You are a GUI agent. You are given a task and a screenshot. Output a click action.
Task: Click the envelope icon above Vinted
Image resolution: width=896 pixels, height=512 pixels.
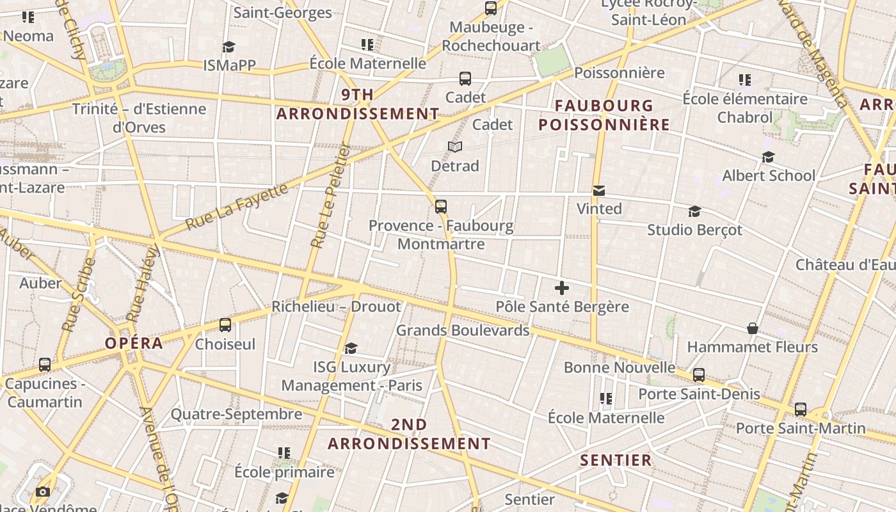pyautogui.click(x=599, y=191)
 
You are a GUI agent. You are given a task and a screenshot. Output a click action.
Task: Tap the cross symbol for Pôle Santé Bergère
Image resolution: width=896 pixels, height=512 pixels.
pyautogui.click(x=562, y=288)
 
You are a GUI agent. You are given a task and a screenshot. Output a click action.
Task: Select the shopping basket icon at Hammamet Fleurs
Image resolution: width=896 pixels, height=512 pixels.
pyautogui.click(x=753, y=329)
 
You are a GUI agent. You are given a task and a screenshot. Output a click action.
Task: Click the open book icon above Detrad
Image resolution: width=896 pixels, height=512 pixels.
pyautogui.click(x=455, y=147)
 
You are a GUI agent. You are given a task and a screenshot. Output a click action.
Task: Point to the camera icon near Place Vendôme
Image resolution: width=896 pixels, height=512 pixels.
pyautogui.click(x=43, y=492)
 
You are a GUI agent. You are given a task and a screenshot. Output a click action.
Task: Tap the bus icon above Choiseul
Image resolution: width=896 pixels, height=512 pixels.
pyautogui.click(x=225, y=325)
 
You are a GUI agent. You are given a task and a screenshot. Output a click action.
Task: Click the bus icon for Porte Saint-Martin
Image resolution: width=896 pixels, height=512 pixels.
pyautogui.click(x=801, y=410)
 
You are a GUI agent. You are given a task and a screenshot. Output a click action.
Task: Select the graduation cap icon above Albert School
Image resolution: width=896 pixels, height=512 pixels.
pyautogui.click(x=768, y=157)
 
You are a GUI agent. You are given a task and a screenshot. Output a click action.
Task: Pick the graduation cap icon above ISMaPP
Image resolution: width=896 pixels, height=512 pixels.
pyautogui.click(x=229, y=47)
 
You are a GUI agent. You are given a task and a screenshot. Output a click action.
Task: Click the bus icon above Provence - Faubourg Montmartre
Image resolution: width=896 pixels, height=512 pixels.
pyautogui.click(x=441, y=207)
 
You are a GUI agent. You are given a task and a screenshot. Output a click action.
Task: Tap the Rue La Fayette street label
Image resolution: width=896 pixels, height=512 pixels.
pyautogui.click(x=237, y=207)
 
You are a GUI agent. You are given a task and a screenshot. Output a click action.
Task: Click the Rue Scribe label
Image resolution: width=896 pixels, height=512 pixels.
pyautogui.click(x=79, y=294)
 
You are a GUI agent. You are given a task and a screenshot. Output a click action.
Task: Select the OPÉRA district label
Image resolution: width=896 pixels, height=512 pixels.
pyautogui.click(x=134, y=343)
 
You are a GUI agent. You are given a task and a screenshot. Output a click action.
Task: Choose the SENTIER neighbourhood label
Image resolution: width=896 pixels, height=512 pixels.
pyautogui.click(x=616, y=460)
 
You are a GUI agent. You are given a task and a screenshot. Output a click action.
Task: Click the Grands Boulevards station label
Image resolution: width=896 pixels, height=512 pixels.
pyautogui.click(x=463, y=330)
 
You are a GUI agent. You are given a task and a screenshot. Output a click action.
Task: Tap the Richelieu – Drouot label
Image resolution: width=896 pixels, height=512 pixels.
pyautogui.click(x=336, y=307)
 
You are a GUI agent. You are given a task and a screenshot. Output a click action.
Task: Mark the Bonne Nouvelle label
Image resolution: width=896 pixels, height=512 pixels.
pyautogui.click(x=619, y=367)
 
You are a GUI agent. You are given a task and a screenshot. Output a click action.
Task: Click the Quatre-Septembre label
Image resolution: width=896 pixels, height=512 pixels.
pyautogui.click(x=236, y=414)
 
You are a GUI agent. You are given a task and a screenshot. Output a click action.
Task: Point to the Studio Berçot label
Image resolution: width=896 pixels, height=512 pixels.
pyautogui.click(x=694, y=230)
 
